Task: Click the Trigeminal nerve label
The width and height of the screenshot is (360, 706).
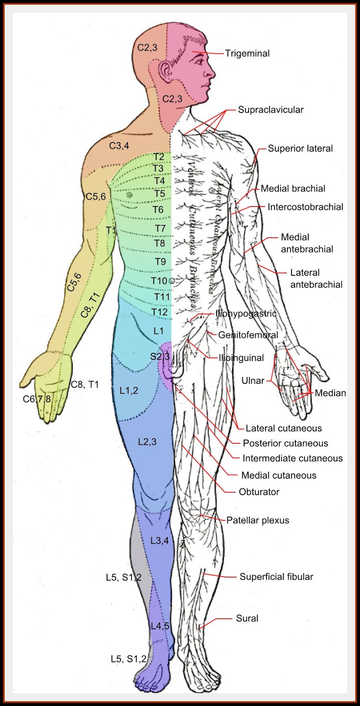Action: pyautogui.click(x=247, y=53)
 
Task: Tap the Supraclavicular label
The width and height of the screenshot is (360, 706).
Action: pyautogui.click(x=270, y=110)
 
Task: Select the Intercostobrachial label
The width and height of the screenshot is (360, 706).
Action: pyautogui.click(x=305, y=207)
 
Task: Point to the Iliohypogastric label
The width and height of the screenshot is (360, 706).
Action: pyautogui.click(x=246, y=314)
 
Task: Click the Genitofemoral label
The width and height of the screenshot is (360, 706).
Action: pyautogui.click(x=248, y=335)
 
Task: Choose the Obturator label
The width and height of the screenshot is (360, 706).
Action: pyautogui.click(x=259, y=492)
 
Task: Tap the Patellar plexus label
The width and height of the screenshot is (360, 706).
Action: pyautogui.click(x=258, y=520)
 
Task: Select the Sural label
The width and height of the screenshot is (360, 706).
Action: pyautogui.click(x=247, y=618)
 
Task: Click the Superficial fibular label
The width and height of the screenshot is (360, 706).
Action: pyautogui.click(x=276, y=577)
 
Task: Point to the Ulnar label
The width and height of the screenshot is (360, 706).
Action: pyautogui.click(x=253, y=380)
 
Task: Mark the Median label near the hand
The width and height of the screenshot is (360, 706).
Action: pyautogui.click(x=330, y=393)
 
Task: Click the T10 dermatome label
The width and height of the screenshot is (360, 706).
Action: pyautogui.click(x=159, y=281)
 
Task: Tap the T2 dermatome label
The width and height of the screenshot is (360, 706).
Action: pyautogui.click(x=159, y=157)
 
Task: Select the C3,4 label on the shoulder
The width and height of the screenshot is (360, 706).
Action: pyautogui.click(x=119, y=146)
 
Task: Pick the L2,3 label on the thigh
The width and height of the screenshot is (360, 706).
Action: pyautogui.click(x=147, y=442)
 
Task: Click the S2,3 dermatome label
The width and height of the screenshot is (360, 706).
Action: pyautogui.click(x=160, y=356)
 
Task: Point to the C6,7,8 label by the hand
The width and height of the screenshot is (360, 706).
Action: pyautogui.click(x=37, y=399)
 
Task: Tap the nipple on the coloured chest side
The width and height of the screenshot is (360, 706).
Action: pyautogui.click(x=129, y=195)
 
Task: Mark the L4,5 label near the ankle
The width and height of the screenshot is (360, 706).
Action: pyautogui.click(x=160, y=626)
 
